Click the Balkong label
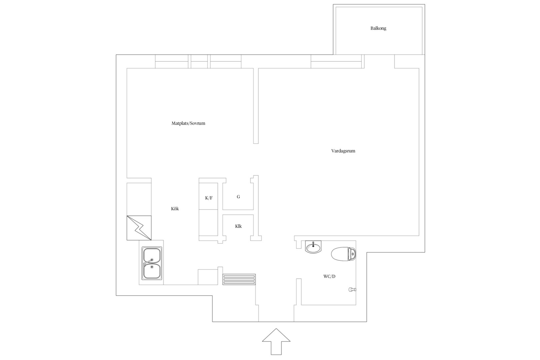tap(378, 28)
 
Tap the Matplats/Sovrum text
tap(188, 123)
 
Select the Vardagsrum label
tap(343, 151)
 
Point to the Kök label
tap(175, 209)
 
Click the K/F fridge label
tap(209, 198)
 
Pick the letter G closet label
tap(238, 197)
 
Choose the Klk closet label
tap(238, 226)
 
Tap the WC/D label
tap(329, 276)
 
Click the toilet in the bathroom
tap(344, 254)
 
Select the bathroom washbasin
tap(313, 247)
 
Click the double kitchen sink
tap(152, 263)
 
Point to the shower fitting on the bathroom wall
tap(352, 290)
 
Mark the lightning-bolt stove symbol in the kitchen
tap(139, 228)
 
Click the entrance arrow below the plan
tap(276, 341)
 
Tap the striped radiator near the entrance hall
tap(239, 279)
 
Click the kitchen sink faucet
tap(148, 262)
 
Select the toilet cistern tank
tap(352, 254)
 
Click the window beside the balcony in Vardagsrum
tap(336, 61)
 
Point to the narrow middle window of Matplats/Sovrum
tap(199, 61)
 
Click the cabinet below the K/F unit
tap(208, 223)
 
